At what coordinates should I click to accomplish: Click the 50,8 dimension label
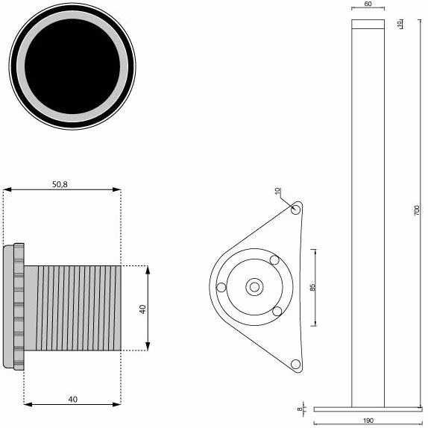click(x=60, y=184)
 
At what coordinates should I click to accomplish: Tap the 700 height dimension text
click(x=417, y=210)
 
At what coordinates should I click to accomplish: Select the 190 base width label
click(x=368, y=421)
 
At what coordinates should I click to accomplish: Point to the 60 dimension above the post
click(x=368, y=4)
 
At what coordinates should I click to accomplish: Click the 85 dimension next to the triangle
click(x=313, y=287)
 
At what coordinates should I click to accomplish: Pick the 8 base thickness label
click(x=300, y=409)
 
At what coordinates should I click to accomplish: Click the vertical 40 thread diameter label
click(x=142, y=309)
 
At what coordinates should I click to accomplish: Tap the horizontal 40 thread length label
click(x=72, y=400)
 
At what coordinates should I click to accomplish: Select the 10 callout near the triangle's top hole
click(x=277, y=191)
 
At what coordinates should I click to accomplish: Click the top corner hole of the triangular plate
click(x=295, y=210)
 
